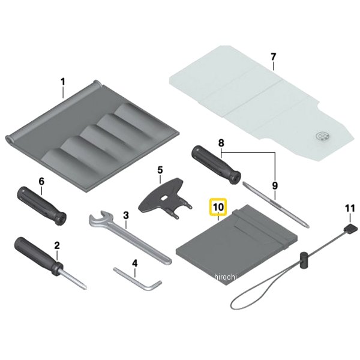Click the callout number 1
click(62, 82)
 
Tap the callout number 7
click(273, 57)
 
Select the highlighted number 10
click(218, 208)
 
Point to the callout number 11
click(350, 209)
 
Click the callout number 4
click(135, 263)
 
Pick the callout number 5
click(160, 170)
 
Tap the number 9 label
click(275, 186)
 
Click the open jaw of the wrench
click(98, 218)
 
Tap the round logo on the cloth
click(322, 136)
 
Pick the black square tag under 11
click(350, 229)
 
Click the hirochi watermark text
click(225, 277)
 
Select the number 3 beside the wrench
click(126, 215)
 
